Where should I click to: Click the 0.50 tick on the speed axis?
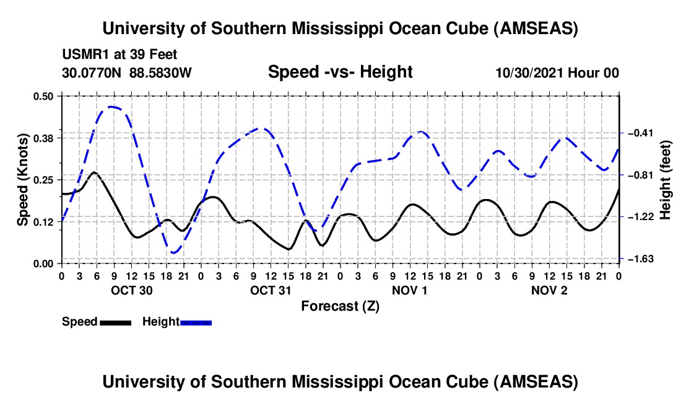pos(45,95)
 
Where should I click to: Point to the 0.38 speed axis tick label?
pos(45,138)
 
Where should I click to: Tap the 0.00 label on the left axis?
pos(45,263)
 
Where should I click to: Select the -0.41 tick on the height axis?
pos(638,133)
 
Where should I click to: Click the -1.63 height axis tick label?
pos(638,259)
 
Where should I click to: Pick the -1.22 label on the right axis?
pos(638,217)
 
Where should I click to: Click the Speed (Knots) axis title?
pos(22,179)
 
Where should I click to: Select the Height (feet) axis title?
pos(666,179)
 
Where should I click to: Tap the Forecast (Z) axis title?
pos(340,306)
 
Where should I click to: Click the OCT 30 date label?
pos(131,290)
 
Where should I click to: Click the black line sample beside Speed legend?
pos(115,322)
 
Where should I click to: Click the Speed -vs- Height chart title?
pos(340,72)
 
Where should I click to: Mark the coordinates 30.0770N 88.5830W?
pos(127,73)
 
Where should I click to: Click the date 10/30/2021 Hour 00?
pos(557,73)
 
